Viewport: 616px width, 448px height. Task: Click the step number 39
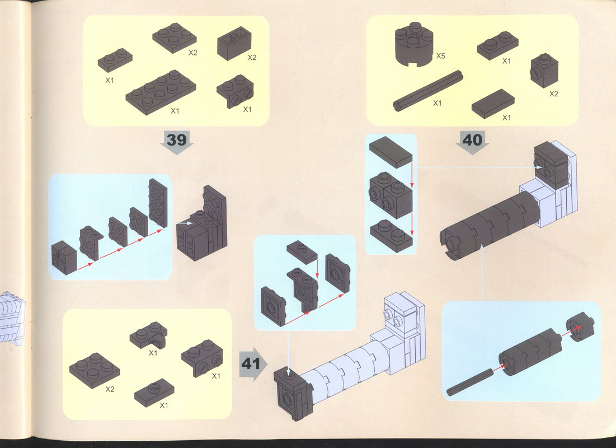coord(177,139)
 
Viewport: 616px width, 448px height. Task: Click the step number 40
coord(472,139)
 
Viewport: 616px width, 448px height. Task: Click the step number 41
coord(251,364)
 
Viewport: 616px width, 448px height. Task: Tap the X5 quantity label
coord(440,56)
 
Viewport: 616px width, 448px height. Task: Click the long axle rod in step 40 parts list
coord(428,91)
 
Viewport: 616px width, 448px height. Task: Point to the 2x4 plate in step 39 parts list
coord(161,92)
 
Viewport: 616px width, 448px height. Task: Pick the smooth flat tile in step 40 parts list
coord(493,104)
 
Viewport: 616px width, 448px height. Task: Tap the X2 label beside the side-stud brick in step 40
coord(553,94)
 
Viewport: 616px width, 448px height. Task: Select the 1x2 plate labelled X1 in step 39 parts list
coord(115,60)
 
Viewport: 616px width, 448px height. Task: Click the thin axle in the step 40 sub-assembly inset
coord(469,381)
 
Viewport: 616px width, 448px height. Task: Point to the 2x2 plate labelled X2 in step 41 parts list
coord(95,371)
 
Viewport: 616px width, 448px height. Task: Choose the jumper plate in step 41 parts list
coord(154,393)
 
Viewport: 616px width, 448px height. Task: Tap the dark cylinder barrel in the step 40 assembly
coord(489,224)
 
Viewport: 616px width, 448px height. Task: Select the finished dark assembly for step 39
coord(202,224)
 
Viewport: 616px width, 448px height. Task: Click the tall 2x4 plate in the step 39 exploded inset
coord(158,203)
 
